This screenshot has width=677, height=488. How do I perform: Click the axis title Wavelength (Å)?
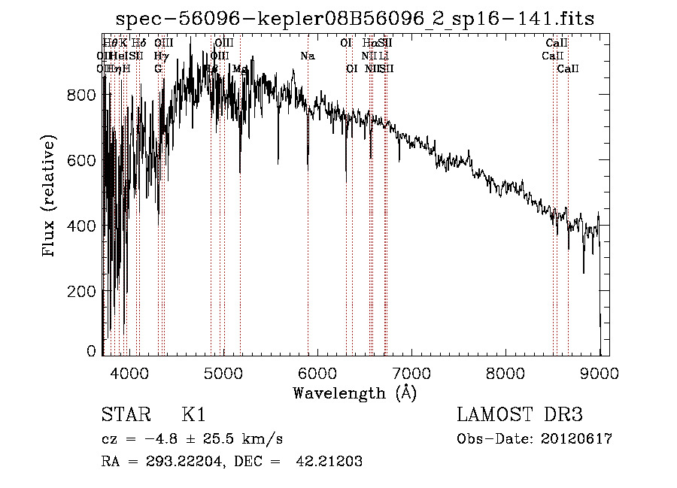coord(354,393)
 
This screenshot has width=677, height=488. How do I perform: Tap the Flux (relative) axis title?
coord(50,196)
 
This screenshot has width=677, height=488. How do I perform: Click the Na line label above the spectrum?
coord(308,56)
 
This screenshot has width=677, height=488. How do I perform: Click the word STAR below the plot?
coord(125,415)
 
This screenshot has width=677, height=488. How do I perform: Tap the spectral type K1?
coord(193,415)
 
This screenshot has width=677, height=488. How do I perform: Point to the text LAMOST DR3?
coord(520,415)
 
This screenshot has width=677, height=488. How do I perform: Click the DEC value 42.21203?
coord(328,462)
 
